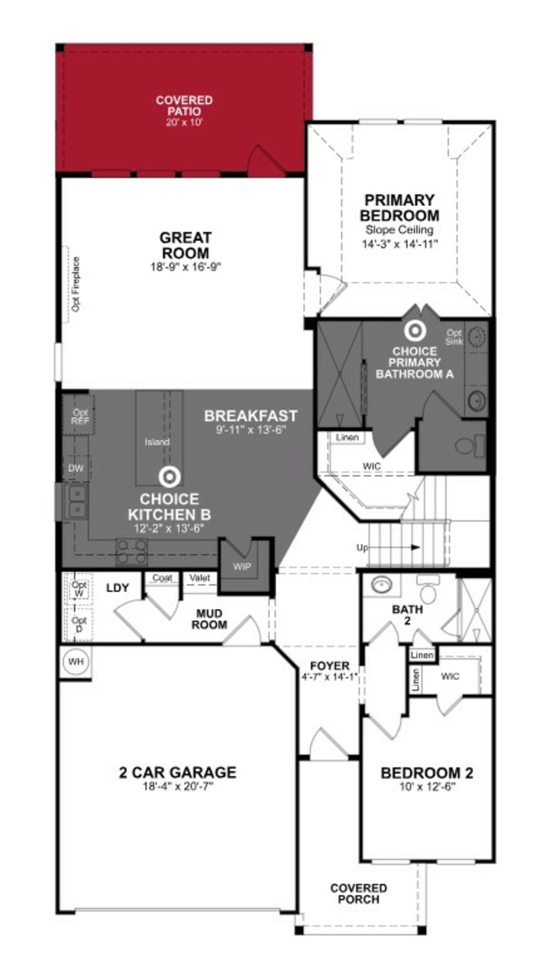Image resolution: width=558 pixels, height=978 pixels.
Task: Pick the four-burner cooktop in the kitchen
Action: click(132, 552)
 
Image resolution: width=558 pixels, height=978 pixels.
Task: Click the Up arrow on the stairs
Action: click(415, 547)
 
